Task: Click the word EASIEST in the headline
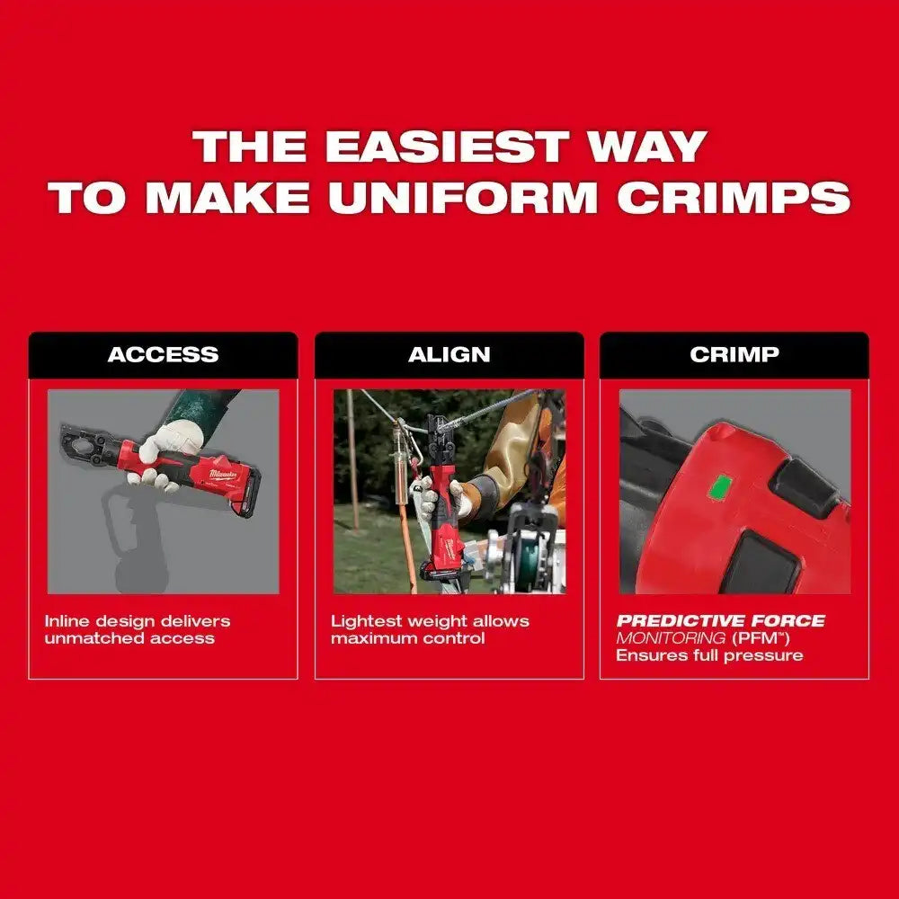447,147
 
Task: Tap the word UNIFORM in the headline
463,197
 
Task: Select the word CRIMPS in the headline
734,197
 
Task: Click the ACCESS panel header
163,355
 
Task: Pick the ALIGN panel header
449,355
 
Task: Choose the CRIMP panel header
734,355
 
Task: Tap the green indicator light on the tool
720,487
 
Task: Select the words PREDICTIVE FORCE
721,621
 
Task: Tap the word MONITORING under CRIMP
671,638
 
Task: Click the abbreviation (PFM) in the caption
761,638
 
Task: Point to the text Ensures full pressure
709,655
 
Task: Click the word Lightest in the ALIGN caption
367,621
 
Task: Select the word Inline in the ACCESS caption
67,621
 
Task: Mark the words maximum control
407,638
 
